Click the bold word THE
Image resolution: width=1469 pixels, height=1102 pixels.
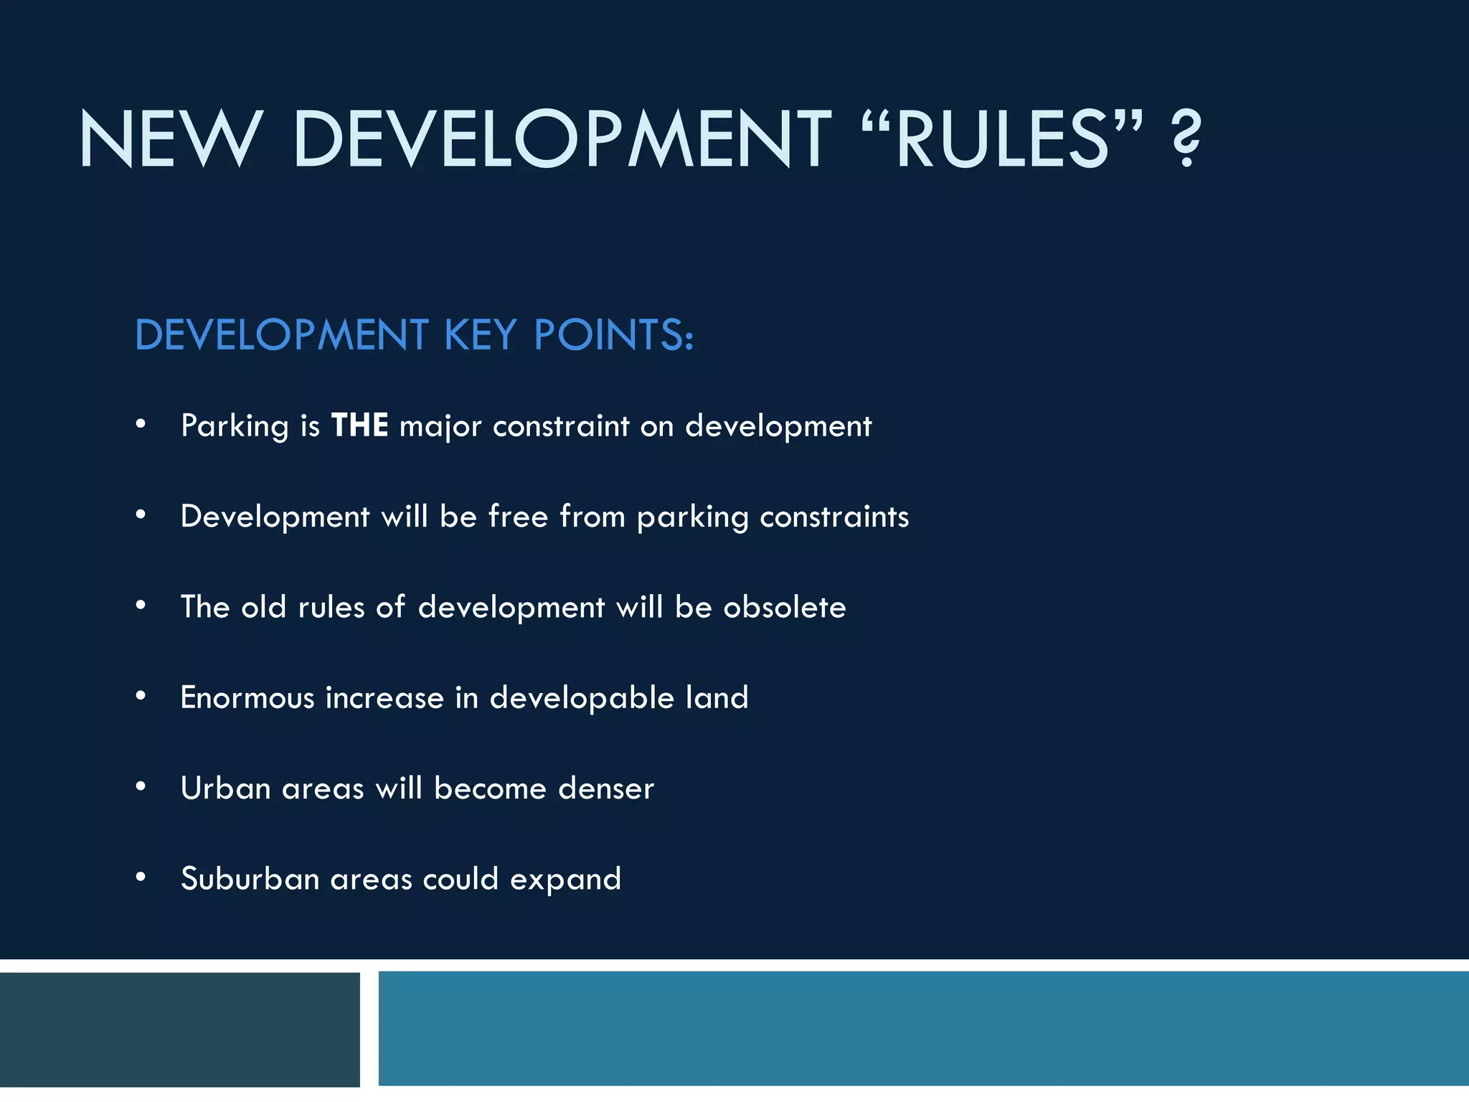pos(360,425)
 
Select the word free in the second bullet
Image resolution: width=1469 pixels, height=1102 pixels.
pos(518,516)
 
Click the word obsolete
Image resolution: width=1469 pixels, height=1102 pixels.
pos(785,608)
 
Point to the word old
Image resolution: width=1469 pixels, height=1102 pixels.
pos(263,607)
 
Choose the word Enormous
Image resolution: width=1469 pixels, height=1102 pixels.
pos(247,697)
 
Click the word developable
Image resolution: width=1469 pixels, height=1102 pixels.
pos(582,699)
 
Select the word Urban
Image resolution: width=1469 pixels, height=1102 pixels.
pos(225,788)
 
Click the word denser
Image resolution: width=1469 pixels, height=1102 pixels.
pos(606,788)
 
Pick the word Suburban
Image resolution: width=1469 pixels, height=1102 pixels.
pos(250,879)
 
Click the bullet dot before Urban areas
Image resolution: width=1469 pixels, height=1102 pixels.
pos(141,787)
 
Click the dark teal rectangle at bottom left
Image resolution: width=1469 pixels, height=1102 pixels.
pos(179,1030)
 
